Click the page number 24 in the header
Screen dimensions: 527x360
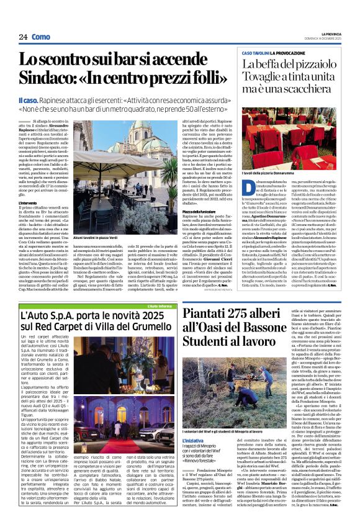tap(23, 37)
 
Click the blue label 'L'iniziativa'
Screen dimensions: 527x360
tap(195, 439)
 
